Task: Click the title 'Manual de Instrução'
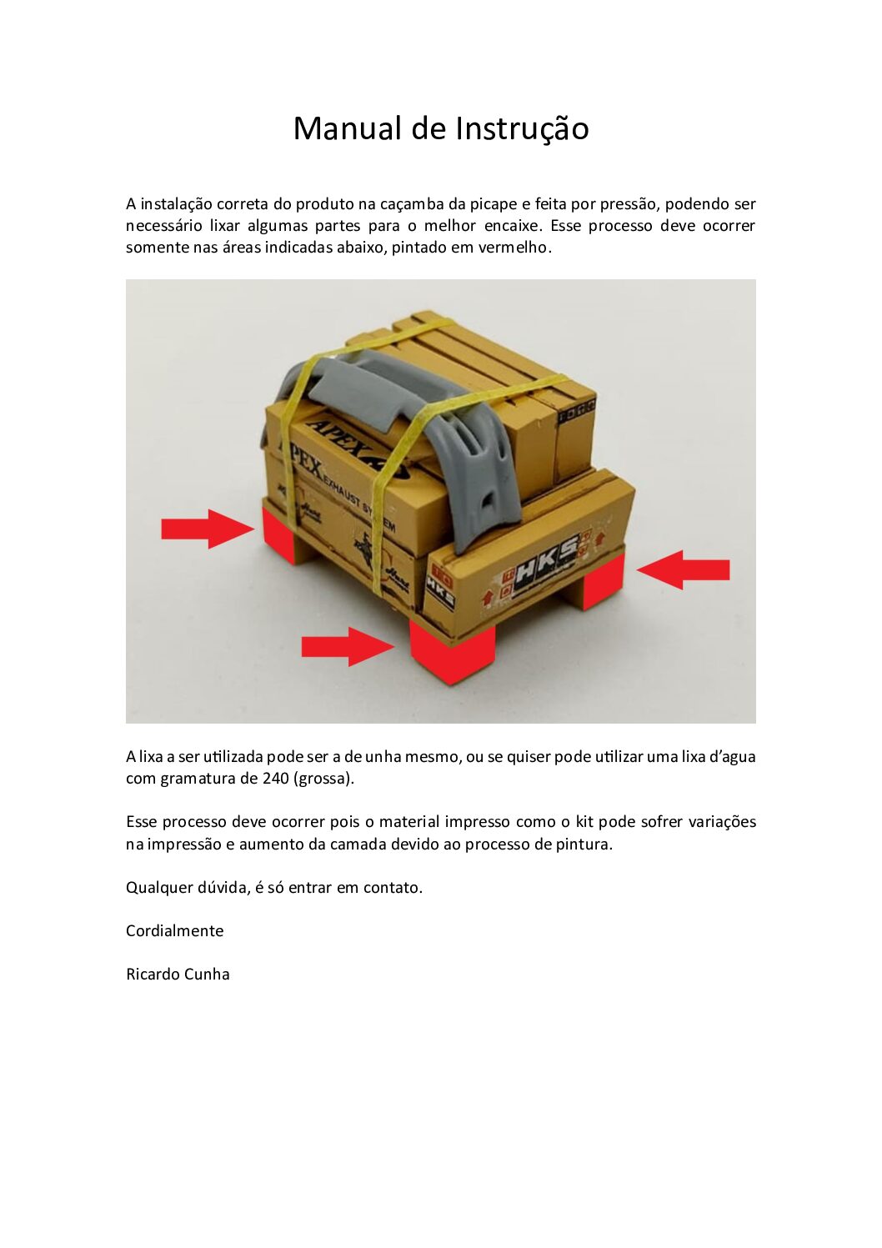click(x=441, y=128)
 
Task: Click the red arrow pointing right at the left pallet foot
click(x=207, y=529)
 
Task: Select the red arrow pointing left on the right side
click(x=683, y=569)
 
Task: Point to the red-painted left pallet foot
click(x=279, y=534)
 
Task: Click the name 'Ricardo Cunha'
click(x=178, y=974)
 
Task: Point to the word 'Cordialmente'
click(x=174, y=930)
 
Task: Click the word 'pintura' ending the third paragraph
click(x=584, y=844)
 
